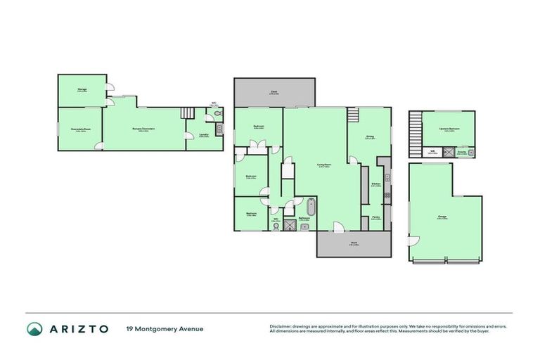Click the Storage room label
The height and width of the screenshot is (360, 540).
pos(82,89)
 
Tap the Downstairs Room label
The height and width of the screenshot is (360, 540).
pos(79,129)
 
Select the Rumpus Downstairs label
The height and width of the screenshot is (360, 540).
pos(143,129)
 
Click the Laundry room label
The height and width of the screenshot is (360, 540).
pos(203,134)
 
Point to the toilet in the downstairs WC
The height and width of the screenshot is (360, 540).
pos(218,112)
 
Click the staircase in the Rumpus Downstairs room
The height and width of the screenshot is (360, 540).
pos(187,113)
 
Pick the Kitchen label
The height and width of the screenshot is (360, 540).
pos(375,184)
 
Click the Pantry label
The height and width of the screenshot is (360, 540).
pos(376,217)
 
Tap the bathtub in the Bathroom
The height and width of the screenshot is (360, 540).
pos(309,208)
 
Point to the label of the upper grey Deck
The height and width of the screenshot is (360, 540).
pos(274,92)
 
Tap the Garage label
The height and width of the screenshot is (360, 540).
pos(442,218)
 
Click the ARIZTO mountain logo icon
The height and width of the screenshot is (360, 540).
pos(34,328)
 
